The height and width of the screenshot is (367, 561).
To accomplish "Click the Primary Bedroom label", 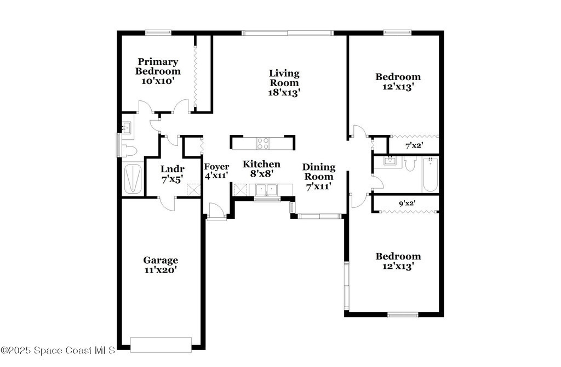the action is [x=158, y=66].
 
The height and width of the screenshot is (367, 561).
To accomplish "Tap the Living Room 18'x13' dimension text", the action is [x=284, y=93].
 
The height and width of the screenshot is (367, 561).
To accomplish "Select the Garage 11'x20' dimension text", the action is [x=161, y=270].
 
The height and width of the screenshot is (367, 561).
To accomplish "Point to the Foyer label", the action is [x=216, y=167].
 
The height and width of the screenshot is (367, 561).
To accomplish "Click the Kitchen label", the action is [x=261, y=164].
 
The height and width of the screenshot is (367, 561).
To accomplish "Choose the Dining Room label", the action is [x=319, y=172].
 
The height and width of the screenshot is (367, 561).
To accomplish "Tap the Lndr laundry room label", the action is [x=173, y=169].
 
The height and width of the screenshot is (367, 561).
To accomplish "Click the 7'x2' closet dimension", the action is [x=414, y=145].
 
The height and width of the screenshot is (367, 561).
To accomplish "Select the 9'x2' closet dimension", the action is [x=407, y=203].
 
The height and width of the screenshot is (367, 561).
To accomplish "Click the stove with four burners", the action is [x=263, y=143].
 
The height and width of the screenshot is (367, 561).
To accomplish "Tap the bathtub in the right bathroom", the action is [x=430, y=175].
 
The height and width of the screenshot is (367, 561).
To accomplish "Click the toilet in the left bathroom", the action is [x=129, y=151].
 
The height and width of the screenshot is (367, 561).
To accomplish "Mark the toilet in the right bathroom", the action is [x=410, y=163].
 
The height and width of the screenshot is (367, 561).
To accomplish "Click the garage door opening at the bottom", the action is [x=161, y=345].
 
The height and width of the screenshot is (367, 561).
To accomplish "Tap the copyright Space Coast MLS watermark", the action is [x=58, y=350].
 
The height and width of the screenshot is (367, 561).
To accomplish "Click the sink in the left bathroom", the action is [x=127, y=127].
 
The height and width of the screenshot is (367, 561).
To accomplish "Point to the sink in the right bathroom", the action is [x=389, y=160].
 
